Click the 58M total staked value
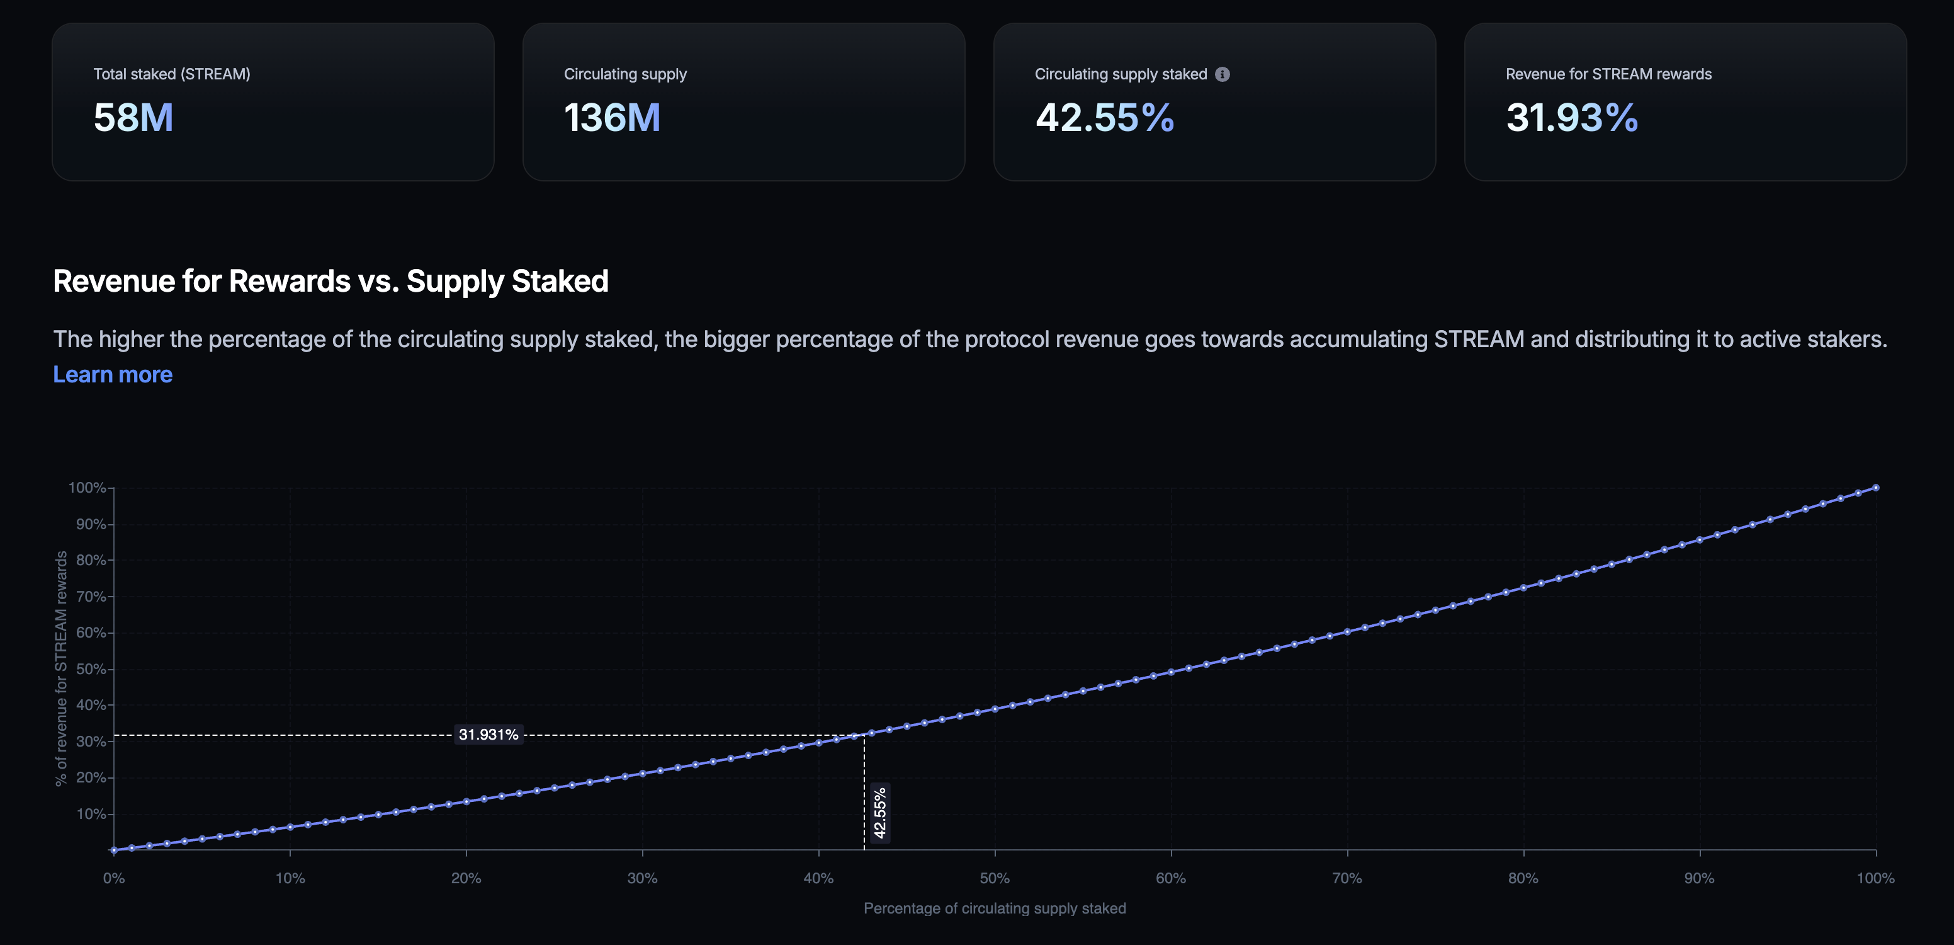pos(133,118)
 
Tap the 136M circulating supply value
pos(612,118)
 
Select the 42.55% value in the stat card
pos(1104,118)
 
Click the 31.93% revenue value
pos(1572,118)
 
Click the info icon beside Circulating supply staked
pos(1222,74)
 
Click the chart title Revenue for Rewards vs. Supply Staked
pos(330,282)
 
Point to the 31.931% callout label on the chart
pos(488,735)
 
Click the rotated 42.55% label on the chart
pos(880,813)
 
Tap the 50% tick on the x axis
pos(995,878)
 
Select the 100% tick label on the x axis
pos(1875,878)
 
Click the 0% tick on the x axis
pos(114,878)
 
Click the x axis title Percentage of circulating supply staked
pos(995,908)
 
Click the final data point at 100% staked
pos(1876,487)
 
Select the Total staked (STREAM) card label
pos(171,74)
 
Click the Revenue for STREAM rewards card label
pos(1608,74)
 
